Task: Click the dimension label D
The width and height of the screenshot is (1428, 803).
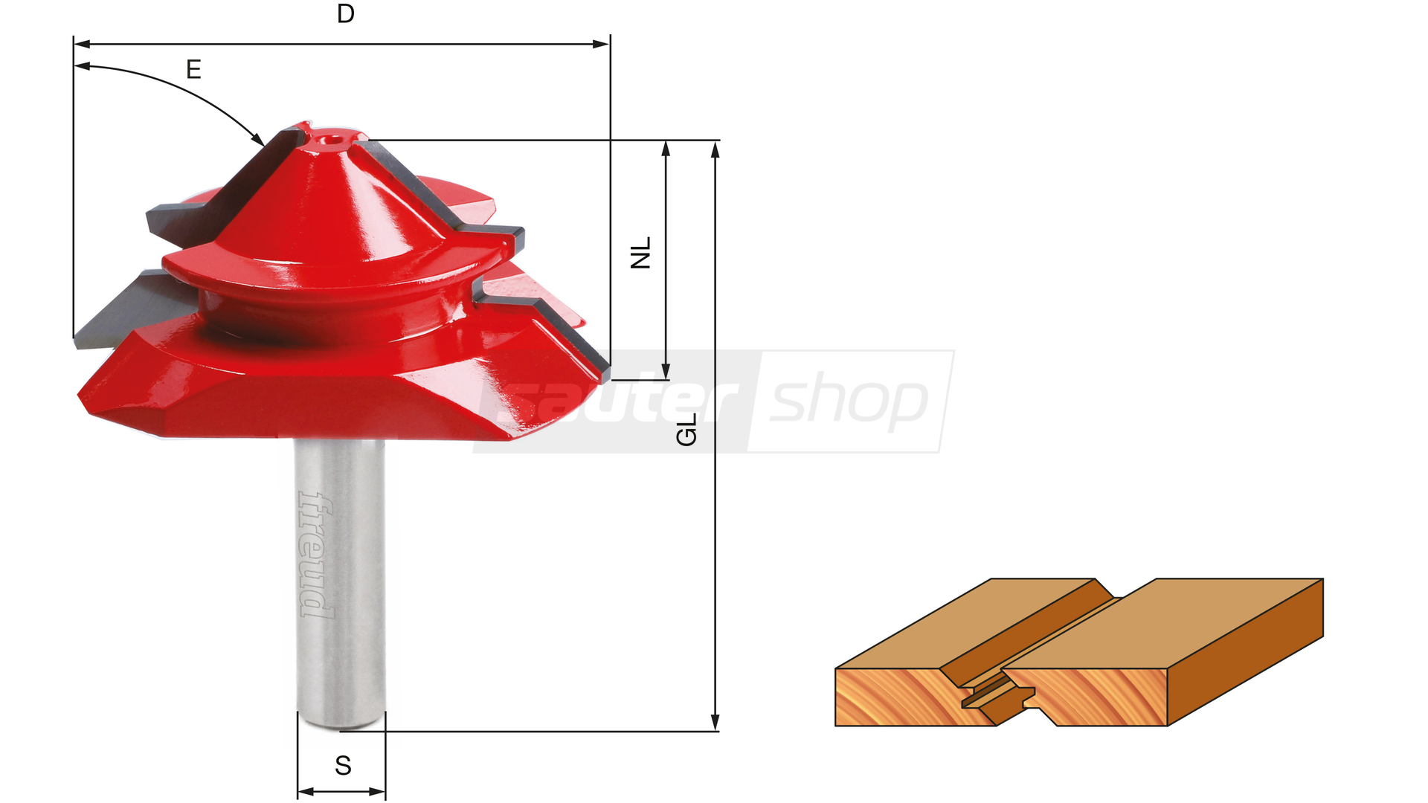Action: pos(345,13)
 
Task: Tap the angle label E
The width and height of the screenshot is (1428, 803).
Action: pos(193,70)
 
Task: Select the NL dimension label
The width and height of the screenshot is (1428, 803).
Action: pos(640,253)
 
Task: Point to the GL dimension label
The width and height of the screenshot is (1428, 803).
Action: pos(686,430)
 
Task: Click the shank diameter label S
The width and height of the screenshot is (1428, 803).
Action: pos(343,765)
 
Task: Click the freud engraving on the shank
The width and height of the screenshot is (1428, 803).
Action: pos(316,555)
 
